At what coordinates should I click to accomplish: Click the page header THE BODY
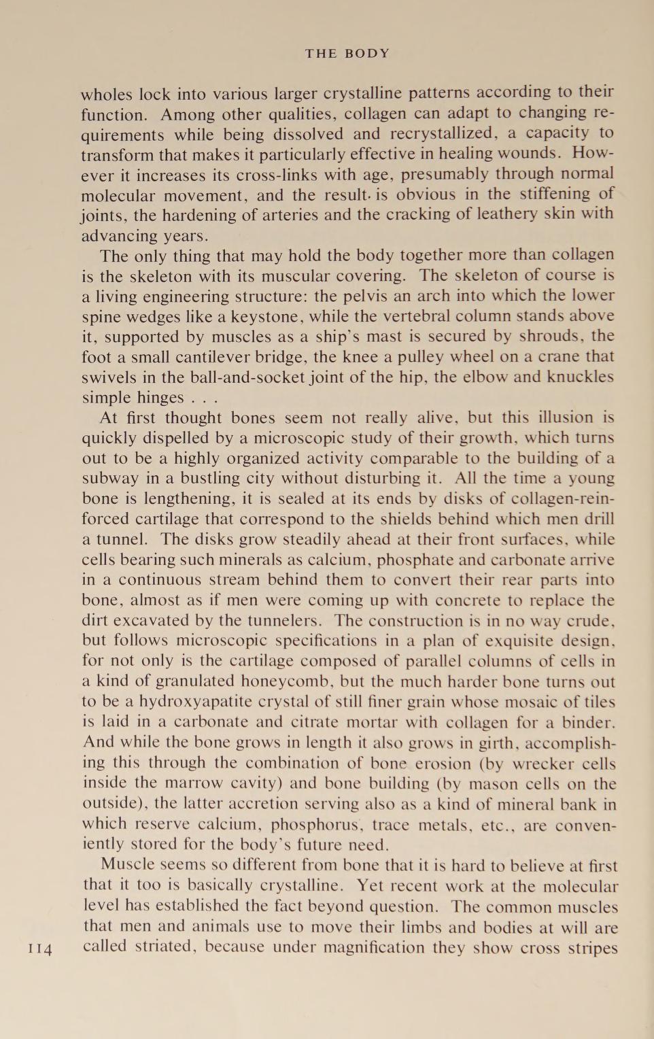point(347,54)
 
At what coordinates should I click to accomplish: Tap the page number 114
point(40,949)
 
